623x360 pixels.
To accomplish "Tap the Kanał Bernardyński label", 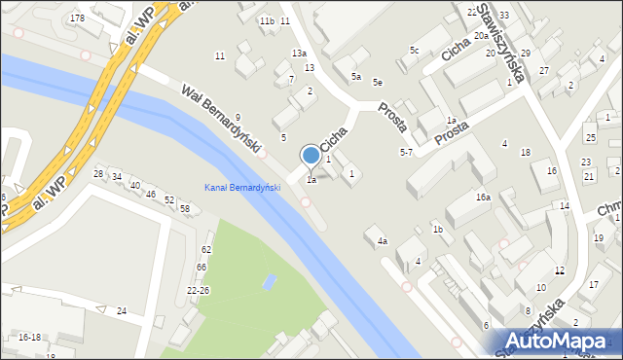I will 241,188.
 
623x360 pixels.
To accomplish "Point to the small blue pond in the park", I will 270,283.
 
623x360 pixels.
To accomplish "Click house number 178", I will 77,18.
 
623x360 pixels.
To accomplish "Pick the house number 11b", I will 266,20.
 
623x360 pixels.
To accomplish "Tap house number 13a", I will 299,53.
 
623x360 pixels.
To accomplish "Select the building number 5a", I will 356,76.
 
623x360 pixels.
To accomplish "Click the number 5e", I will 377,83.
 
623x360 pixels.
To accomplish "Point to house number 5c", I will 414,50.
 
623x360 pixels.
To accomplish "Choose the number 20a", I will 481,35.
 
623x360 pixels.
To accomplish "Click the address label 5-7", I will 406,153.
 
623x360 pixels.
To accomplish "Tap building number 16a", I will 483,197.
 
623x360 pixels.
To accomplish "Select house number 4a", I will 383,241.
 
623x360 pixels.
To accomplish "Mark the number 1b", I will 438,229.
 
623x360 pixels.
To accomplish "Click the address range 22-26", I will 198,290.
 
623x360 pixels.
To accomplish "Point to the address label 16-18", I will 29,337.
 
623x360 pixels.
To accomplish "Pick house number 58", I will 184,209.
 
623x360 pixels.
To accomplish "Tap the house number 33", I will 503,16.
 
